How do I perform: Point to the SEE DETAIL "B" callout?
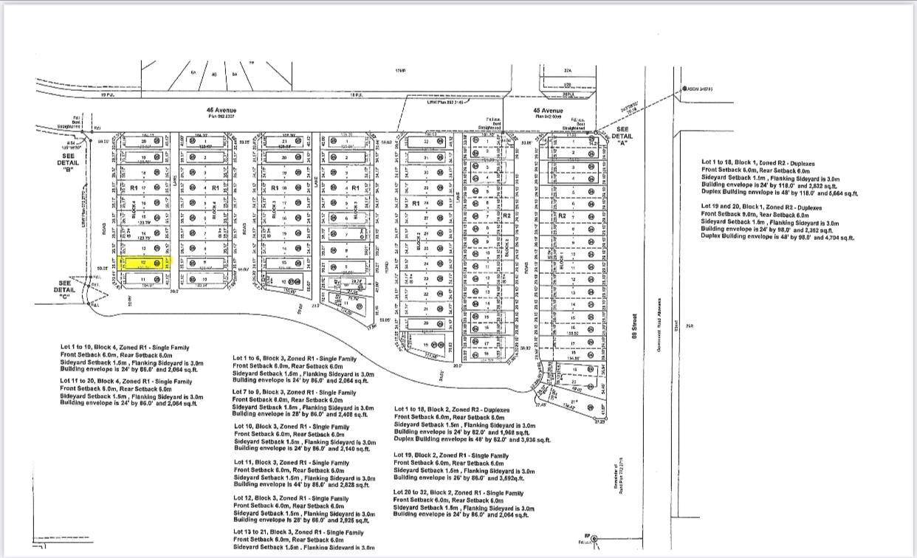click(x=69, y=162)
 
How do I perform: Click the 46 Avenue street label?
click(x=221, y=111)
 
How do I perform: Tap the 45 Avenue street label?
click(x=549, y=111)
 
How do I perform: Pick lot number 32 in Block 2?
click(x=426, y=142)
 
